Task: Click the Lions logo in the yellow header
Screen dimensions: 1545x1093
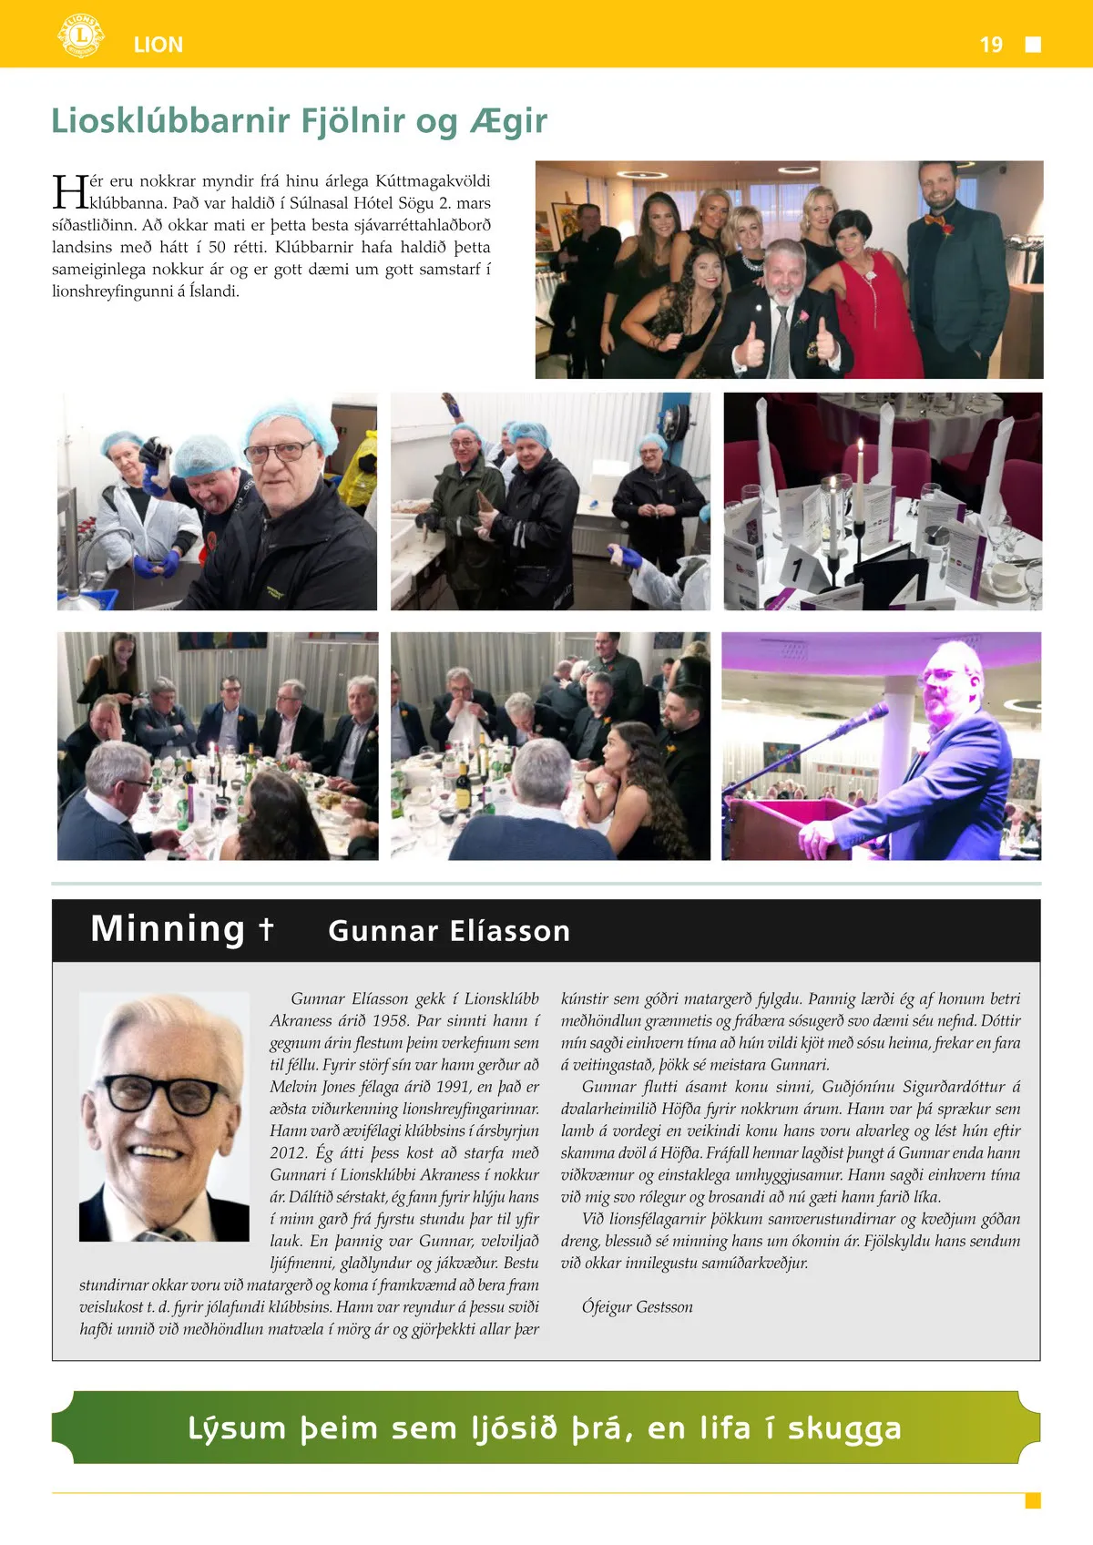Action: point(80,36)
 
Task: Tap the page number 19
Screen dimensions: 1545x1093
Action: point(991,45)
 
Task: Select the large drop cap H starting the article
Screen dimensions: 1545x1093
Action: point(69,192)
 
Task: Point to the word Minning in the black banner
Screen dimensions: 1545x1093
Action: point(168,929)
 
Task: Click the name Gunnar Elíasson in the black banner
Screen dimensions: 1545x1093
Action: point(449,931)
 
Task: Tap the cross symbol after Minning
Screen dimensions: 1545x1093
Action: point(265,928)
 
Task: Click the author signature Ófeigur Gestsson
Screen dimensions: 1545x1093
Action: point(638,1307)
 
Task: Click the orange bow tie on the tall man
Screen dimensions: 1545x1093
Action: point(935,219)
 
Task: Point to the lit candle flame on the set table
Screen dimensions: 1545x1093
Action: point(859,446)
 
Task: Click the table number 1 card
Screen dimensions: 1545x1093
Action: point(798,570)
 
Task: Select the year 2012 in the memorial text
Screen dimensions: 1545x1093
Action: point(288,1153)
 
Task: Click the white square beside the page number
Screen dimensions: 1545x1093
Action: point(1033,45)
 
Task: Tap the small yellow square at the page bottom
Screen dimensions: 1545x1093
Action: point(1033,1500)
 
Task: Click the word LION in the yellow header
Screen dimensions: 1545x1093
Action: point(158,45)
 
